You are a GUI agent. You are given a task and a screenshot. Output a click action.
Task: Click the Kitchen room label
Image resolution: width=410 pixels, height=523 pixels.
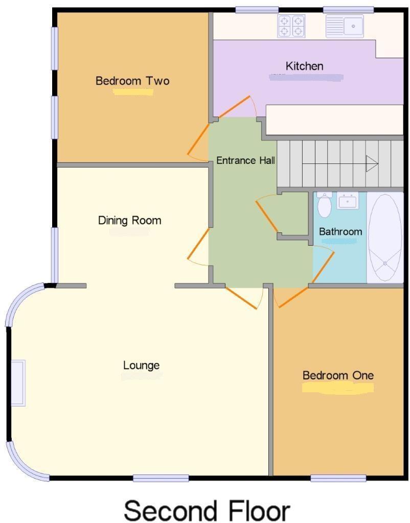click(304, 66)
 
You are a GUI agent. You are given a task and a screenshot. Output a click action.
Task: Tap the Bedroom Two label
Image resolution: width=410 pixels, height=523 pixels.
click(132, 81)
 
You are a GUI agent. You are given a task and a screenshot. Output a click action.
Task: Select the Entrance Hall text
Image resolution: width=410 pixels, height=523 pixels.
click(245, 160)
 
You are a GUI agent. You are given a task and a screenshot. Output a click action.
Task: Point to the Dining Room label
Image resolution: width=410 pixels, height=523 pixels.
click(129, 220)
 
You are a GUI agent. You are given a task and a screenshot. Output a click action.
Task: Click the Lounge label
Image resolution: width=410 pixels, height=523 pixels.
click(141, 365)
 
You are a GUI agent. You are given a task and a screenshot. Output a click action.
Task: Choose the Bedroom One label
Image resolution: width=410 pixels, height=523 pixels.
click(338, 375)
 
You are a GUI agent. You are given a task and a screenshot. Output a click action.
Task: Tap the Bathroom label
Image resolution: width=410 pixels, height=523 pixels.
click(340, 231)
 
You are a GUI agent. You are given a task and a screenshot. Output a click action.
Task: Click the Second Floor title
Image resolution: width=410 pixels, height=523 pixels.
click(207, 510)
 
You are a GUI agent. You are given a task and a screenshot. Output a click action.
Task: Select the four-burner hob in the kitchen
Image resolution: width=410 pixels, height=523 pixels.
click(291, 26)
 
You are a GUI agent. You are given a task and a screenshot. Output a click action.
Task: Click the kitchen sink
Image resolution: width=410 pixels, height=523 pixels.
click(345, 26)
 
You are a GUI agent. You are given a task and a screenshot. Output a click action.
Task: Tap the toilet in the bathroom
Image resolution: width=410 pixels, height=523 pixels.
click(324, 205)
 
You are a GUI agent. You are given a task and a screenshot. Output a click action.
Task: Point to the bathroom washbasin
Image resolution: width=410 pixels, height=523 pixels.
click(348, 201)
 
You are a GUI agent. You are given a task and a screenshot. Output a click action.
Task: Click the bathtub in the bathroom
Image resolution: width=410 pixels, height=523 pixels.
click(385, 237)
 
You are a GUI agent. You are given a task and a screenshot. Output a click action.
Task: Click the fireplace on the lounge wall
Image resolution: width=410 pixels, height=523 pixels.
click(18, 383)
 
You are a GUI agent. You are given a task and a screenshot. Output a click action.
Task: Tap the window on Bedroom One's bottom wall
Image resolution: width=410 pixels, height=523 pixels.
click(338, 478)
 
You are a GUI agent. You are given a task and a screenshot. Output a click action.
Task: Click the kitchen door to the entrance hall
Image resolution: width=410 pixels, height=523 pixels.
click(236, 107)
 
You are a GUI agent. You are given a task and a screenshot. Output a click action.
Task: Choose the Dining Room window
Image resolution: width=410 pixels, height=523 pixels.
click(54, 254)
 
